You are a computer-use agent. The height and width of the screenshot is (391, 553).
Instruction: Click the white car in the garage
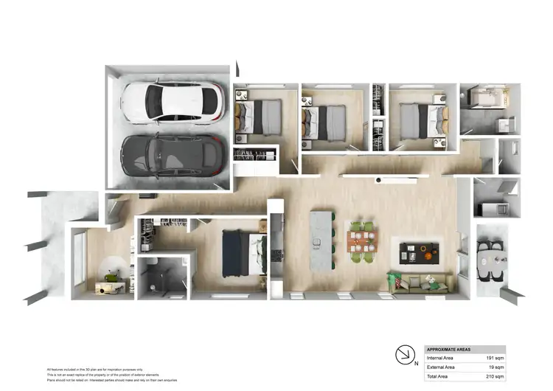click(173, 101)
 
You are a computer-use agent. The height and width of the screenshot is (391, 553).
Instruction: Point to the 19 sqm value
click(498, 367)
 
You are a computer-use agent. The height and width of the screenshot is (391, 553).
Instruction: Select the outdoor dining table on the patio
click(492, 259)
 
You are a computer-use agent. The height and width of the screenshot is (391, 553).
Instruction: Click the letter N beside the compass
click(417, 363)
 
